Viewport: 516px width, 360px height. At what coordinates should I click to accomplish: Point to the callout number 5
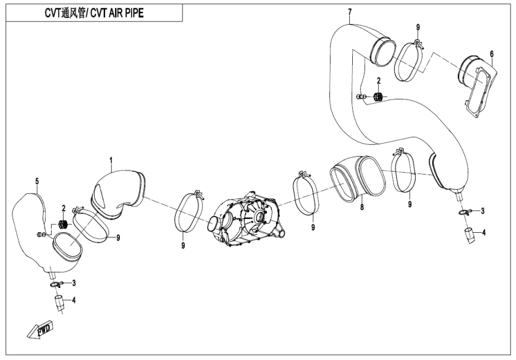click(x=37, y=181)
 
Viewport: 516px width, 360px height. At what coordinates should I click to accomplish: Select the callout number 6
click(x=491, y=54)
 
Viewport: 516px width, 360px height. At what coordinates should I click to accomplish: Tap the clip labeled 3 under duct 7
click(x=464, y=211)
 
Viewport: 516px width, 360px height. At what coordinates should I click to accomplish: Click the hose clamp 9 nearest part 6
click(x=410, y=60)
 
